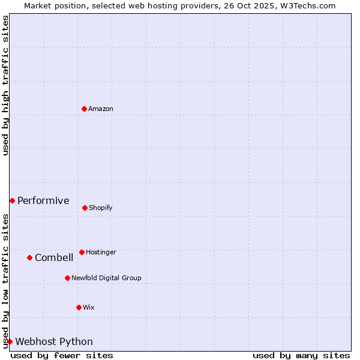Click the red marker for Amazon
[84, 109]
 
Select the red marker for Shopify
[85, 208]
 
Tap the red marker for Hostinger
[82, 252]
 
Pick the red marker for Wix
[79, 307]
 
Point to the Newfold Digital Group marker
[67, 278]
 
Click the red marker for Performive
[12, 200]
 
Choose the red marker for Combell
[29, 257]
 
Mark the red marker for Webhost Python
[10, 341]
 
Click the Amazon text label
[101, 109]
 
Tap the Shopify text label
[101, 208]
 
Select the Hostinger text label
[101, 253]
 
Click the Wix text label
[89, 308]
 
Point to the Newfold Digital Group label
[106, 278]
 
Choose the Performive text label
[43, 200]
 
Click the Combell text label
[54, 258]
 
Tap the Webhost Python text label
[54, 342]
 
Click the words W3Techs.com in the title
[306, 6]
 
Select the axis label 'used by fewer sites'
[62, 355]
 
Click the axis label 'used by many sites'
[301, 355]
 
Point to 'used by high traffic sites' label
[5, 85]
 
